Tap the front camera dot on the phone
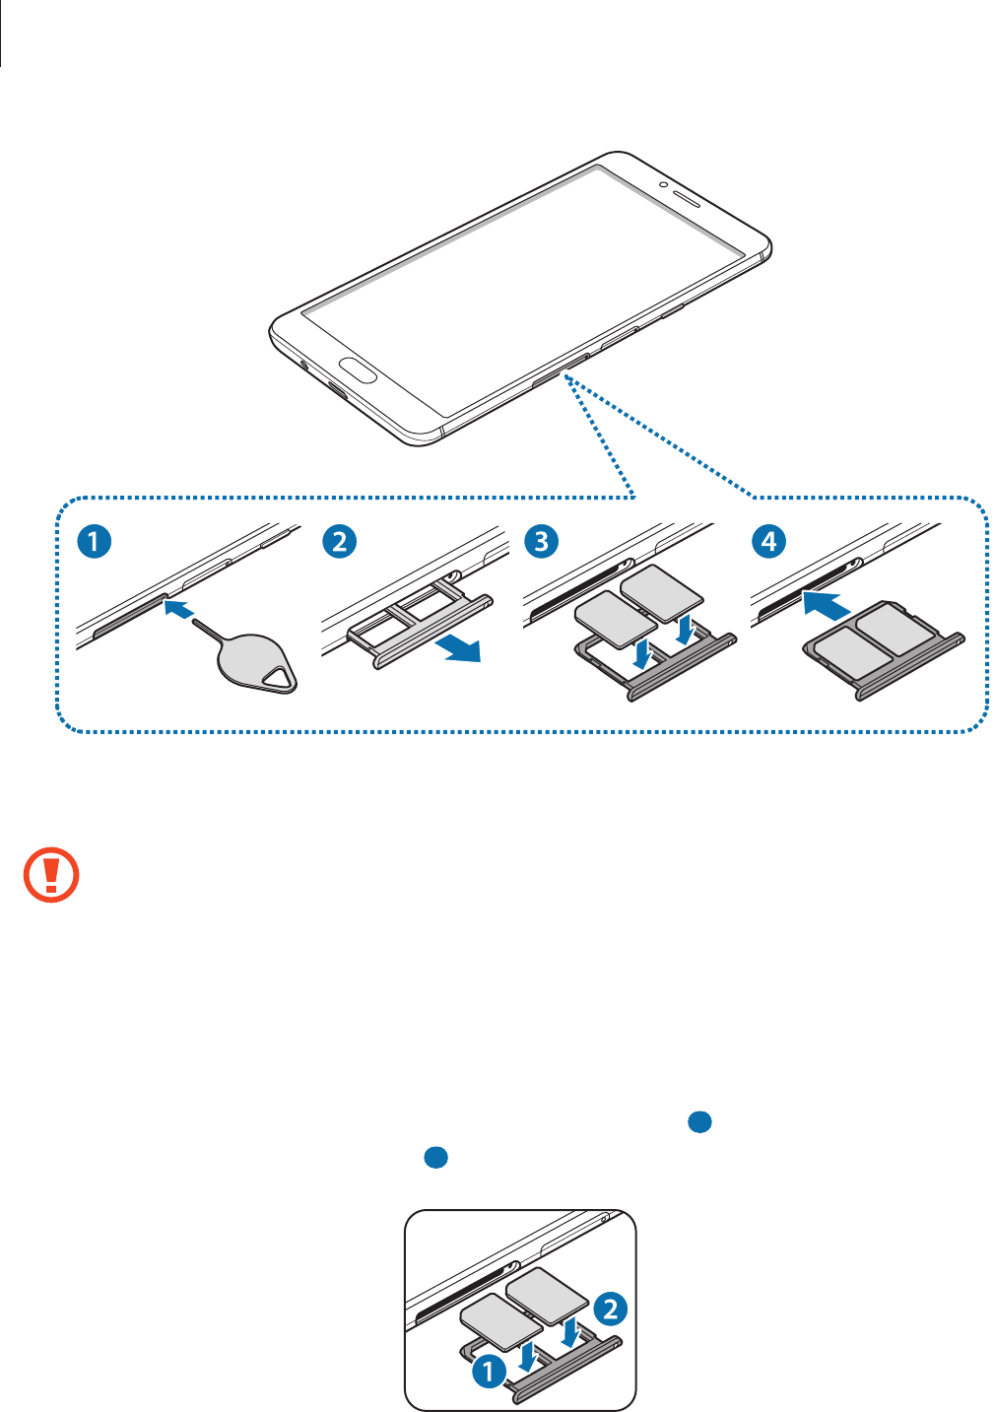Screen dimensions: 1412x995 (664, 184)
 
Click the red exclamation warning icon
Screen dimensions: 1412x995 (51, 874)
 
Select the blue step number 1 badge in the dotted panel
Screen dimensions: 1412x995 (95, 541)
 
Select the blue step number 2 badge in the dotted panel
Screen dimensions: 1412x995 (340, 541)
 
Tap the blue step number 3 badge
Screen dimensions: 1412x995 (541, 541)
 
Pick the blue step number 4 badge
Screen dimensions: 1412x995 (768, 541)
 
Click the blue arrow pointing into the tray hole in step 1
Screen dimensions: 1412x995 (176, 609)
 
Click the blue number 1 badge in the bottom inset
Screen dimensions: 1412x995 (489, 1371)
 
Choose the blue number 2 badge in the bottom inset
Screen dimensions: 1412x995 (611, 1309)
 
